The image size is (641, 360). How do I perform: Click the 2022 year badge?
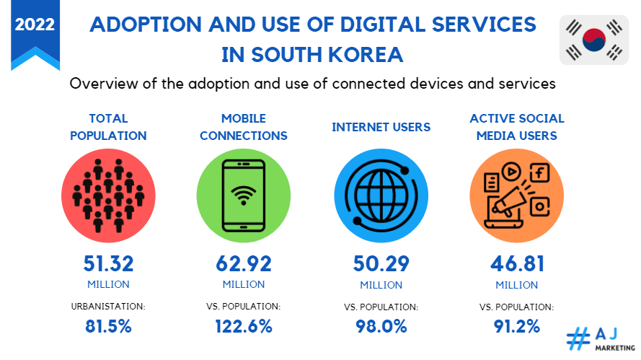(35, 25)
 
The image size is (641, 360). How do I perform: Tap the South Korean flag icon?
(594, 40)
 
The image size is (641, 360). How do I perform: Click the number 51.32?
(108, 263)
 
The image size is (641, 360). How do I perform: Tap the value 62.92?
(244, 263)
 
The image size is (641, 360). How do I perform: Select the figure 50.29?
(381, 263)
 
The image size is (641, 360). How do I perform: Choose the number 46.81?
(516, 263)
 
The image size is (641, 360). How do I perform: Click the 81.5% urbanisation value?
(108, 325)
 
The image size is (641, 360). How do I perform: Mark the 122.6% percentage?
(244, 325)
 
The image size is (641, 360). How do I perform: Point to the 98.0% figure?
(381, 325)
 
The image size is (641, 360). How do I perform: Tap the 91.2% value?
(516, 325)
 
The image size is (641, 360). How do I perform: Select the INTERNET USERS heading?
(381, 127)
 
